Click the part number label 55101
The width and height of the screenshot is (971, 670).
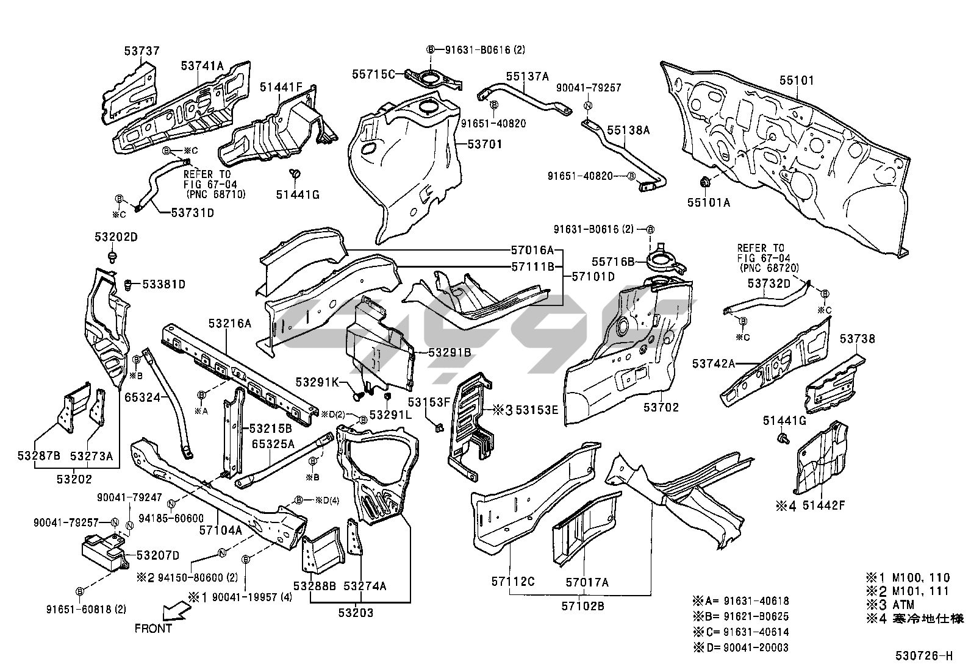click(795, 80)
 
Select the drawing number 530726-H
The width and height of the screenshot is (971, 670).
click(923, 656)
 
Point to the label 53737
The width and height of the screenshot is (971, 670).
click(142, 51)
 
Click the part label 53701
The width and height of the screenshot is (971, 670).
click(484, 144)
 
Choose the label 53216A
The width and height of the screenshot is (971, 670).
click(229, 324)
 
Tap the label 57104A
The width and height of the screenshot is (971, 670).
click(221, 530)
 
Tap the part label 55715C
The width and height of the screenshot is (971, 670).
click(372, 74)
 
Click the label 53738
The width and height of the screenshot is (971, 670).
click(857, 339)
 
